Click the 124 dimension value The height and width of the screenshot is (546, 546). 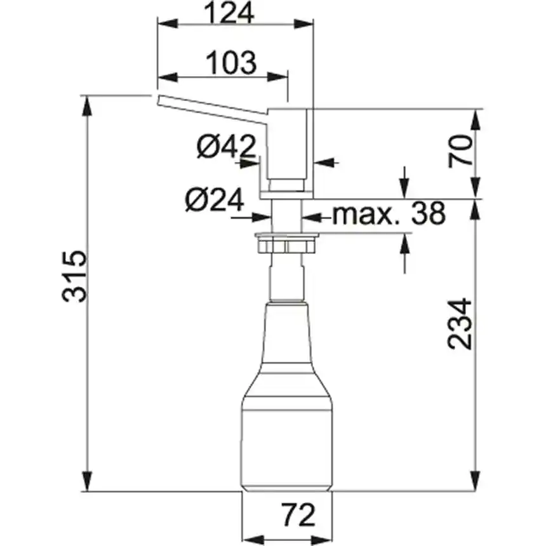(229, 13)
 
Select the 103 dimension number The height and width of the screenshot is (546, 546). (231, 63)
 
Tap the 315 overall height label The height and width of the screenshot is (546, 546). (74, 276)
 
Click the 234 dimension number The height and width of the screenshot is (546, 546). (460, 324)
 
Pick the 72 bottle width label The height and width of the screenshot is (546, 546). (299, 515)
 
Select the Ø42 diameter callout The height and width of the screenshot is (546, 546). (226, 146)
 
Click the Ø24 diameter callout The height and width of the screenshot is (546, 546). (214, 200)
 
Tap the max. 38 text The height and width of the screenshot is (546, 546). (389, 213)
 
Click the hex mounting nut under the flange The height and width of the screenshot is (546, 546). (286, 246)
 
